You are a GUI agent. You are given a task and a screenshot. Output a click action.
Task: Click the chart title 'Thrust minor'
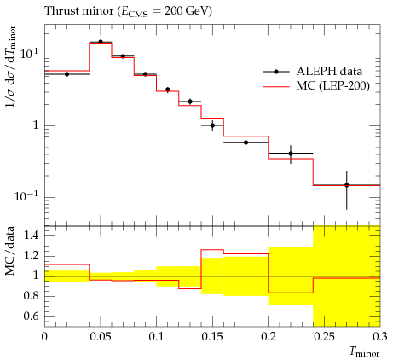[x=79, y=11]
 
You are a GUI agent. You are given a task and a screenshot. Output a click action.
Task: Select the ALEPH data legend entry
[x=313, y=72]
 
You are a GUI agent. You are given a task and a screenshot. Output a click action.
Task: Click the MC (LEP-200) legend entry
[x=316, y=85]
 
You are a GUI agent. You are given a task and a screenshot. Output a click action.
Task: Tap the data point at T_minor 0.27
[x=346, y=185]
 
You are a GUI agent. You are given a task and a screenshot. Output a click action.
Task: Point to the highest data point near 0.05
[x=101, y=42]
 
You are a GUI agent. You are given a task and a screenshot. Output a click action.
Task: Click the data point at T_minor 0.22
[x=291, y=154]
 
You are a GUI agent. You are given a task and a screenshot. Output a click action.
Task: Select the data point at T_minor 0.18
[x=246, y=142]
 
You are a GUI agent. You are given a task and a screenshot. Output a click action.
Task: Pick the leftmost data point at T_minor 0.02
[x=66, y=74]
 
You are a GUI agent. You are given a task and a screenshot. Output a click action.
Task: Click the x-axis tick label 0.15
[x=212, y=337]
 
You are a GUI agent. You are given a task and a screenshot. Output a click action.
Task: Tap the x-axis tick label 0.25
[x=324, y=337]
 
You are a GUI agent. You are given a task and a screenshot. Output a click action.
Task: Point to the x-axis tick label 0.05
[x=101, y=337]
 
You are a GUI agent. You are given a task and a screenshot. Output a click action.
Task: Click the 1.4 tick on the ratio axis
[x=31, y=235]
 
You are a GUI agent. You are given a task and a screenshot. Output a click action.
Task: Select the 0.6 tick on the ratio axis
[x=31, y=316]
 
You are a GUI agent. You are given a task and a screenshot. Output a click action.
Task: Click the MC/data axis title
[x=10, y=251]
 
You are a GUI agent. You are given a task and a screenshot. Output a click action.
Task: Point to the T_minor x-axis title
[x=364, y=352]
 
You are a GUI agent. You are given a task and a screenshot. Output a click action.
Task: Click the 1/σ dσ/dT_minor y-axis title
[x=10, y=67]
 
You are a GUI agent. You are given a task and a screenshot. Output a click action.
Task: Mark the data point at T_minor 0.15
[x=212, y=125]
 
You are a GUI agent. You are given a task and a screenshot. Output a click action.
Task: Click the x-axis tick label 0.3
[x=380, y=337]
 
